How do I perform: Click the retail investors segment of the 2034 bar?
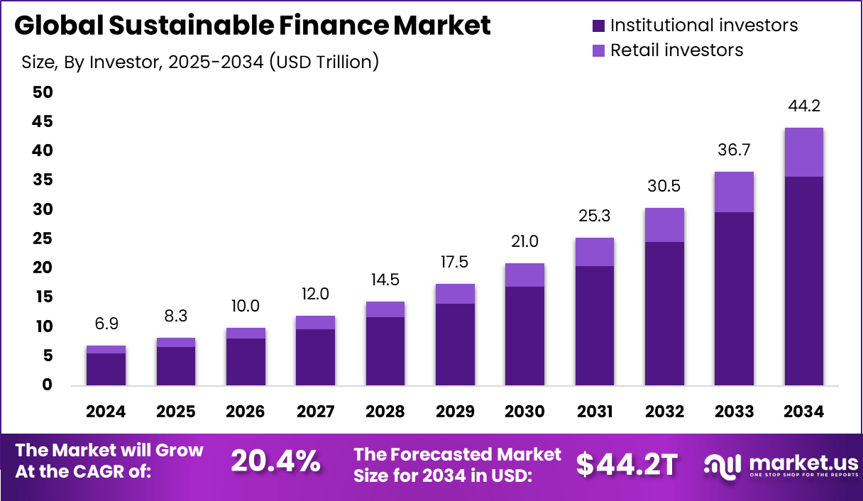(x=803, y=152)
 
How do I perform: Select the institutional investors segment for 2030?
(x=524, y=336)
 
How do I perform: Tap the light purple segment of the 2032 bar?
(x=664, y=225)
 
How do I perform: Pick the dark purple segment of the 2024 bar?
(x=106, y=369)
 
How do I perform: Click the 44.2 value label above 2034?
(x=803, y=106)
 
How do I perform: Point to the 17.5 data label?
(x=455, y=262)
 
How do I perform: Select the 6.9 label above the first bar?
(x=106, y=324)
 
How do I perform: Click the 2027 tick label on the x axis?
(x=315, y=412)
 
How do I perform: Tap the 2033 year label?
(x=734, y=412)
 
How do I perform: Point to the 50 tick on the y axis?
(x=42, y=92)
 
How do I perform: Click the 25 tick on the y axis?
(x=42, y=238)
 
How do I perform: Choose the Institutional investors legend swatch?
(x=598, y=26)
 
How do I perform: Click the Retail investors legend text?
(x=676, y=50)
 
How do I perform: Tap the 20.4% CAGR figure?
(x=275, y=462)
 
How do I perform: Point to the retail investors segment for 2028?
(x=385, y=309)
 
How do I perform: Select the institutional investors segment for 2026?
(x=246, y=361)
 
